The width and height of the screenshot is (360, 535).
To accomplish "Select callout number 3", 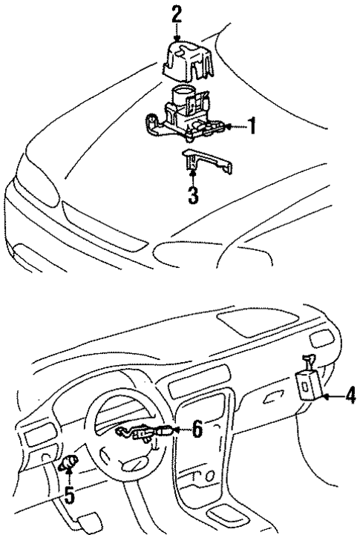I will (193, 197).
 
